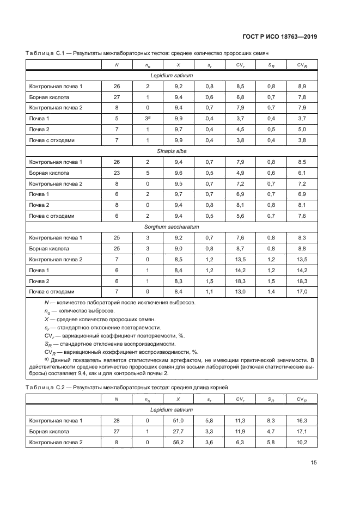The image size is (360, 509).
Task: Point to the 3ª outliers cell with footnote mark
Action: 147,118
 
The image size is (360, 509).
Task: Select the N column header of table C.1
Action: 117,65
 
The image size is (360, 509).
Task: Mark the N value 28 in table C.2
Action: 117,420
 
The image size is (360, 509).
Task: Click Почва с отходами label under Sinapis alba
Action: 51,216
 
